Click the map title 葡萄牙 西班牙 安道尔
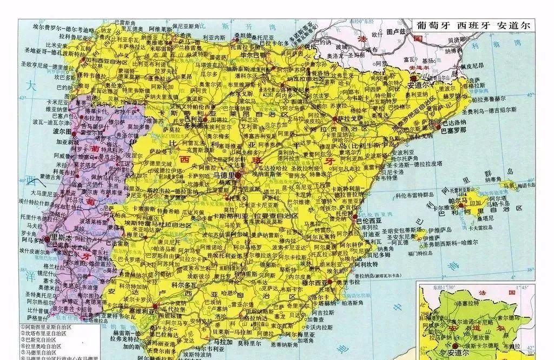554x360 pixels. (472, 25)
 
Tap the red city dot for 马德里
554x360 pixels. (238, 176)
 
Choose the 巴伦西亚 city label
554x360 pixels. (369, 221)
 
